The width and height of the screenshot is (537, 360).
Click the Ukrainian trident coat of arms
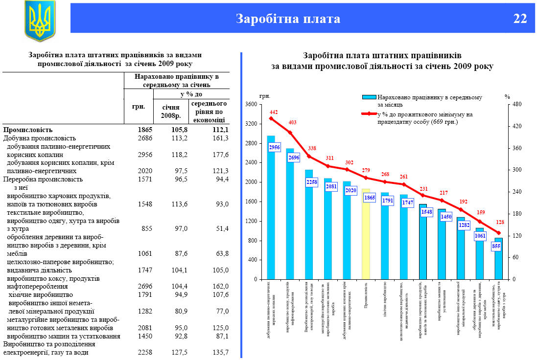pyautogui.click(x=40, y=20)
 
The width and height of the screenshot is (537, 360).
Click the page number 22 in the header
pyautogui.click(x=520, y=19)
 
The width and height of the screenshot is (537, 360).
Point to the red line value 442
pyautogui.click(x=274, y=112)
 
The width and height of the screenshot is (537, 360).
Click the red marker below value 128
pyautogui.click(x=498, y=233)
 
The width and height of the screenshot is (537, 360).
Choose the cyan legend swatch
pyautogui.click(x=369, y=97)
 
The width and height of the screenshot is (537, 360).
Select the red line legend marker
pyautogui.click(x=369, y=114)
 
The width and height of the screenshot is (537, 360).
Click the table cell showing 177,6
pyautogui.click(x=219, y=155)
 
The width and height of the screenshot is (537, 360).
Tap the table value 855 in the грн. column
pyautogui.click(x=146, y=228)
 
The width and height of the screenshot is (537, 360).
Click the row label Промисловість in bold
pyautogui.click(x=35, y=130)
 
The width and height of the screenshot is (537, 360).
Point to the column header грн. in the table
pyautogui.click(x=139, y=106)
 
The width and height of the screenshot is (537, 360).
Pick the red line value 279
pyautogui.click(x=366, y=170)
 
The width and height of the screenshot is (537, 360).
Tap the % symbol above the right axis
pyautogui.click(x=507, y=96)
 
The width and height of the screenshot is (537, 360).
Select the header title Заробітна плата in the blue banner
pyautogui.click(x=288, y=19)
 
